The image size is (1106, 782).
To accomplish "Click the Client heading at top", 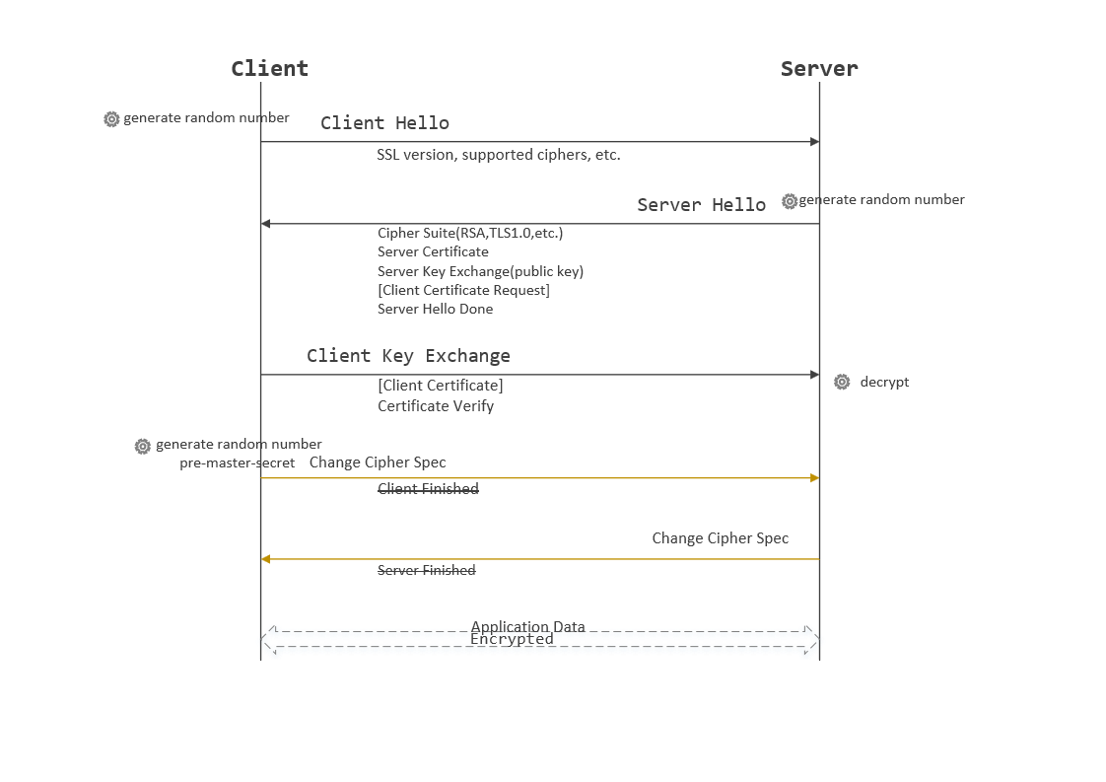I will tap(269, 68).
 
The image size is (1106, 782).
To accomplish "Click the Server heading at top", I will tap(819, 68).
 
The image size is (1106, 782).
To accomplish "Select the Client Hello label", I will tap(384, 123).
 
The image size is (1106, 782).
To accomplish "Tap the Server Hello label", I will tap(701, 205).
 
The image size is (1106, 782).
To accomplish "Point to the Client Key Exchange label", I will tap(408, 356).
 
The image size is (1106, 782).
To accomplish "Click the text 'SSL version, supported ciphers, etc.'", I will tap(498, 155).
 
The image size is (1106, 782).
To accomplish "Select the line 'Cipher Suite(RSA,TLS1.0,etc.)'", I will tap(470, 234).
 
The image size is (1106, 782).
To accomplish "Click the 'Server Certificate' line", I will tap(433, 252).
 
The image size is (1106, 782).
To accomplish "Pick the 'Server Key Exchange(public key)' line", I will tap(480, 271).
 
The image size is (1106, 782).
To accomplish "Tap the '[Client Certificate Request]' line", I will tap(463, 290).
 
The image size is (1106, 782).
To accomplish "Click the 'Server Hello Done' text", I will tap(435, 309).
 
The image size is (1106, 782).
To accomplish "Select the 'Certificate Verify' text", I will tap(436, 406).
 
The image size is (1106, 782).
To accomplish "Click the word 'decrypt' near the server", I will tap(884, 382).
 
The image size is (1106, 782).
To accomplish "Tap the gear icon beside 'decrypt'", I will tap(842, 382).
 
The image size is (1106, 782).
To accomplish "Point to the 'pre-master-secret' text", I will tap(237, 462).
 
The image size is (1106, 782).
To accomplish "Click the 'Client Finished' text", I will tap(428, 489).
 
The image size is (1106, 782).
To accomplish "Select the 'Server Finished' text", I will tap(426, 571).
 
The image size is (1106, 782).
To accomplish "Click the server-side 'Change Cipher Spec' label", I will tap(720, 538).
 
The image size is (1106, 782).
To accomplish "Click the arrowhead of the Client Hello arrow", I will tap(815, 142).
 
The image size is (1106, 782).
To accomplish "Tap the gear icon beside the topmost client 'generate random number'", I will tap(111, 119).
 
